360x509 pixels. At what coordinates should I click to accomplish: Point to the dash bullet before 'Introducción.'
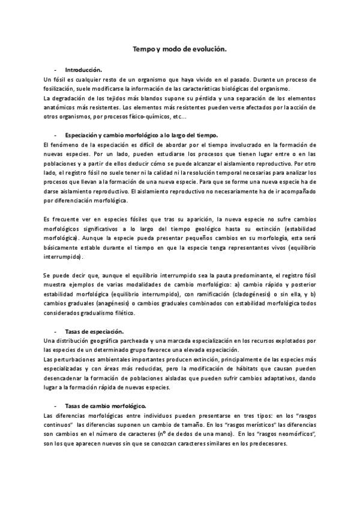55,70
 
